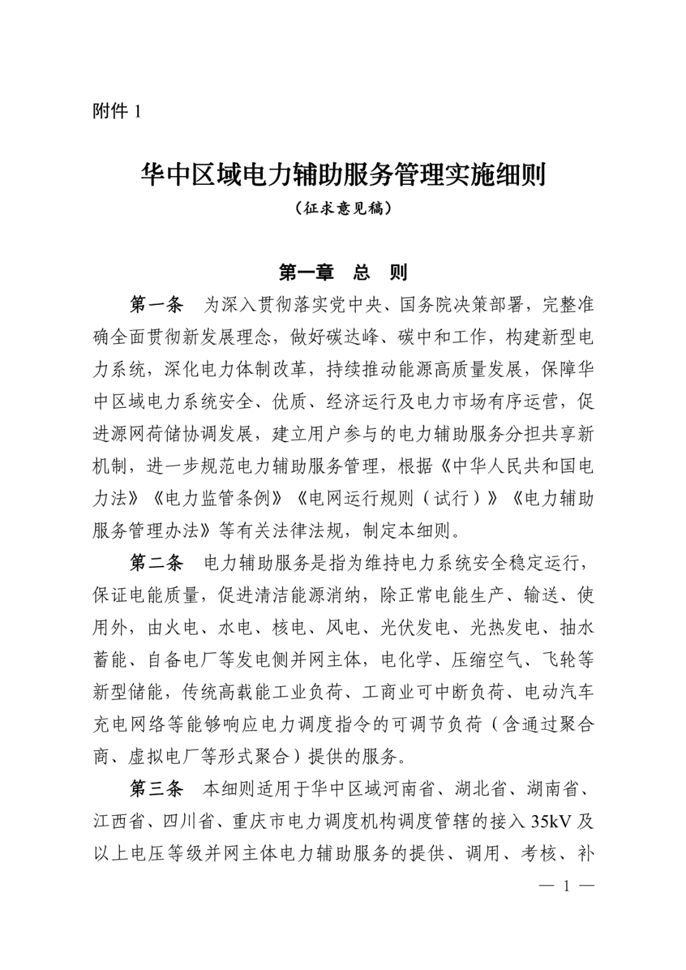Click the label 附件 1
116,112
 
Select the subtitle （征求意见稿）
343,208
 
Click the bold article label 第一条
156,305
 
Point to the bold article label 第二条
156,563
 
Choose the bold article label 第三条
156,789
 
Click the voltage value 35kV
552,822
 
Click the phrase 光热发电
505,628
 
